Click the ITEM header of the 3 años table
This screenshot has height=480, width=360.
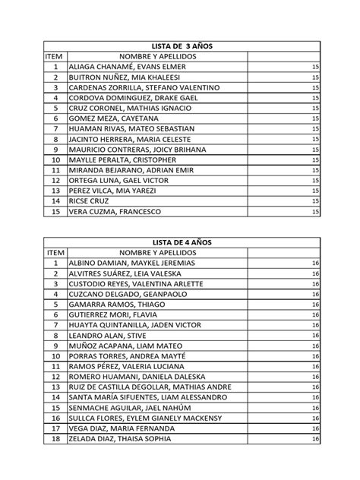55,57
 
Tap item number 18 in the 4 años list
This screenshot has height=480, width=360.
55,438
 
